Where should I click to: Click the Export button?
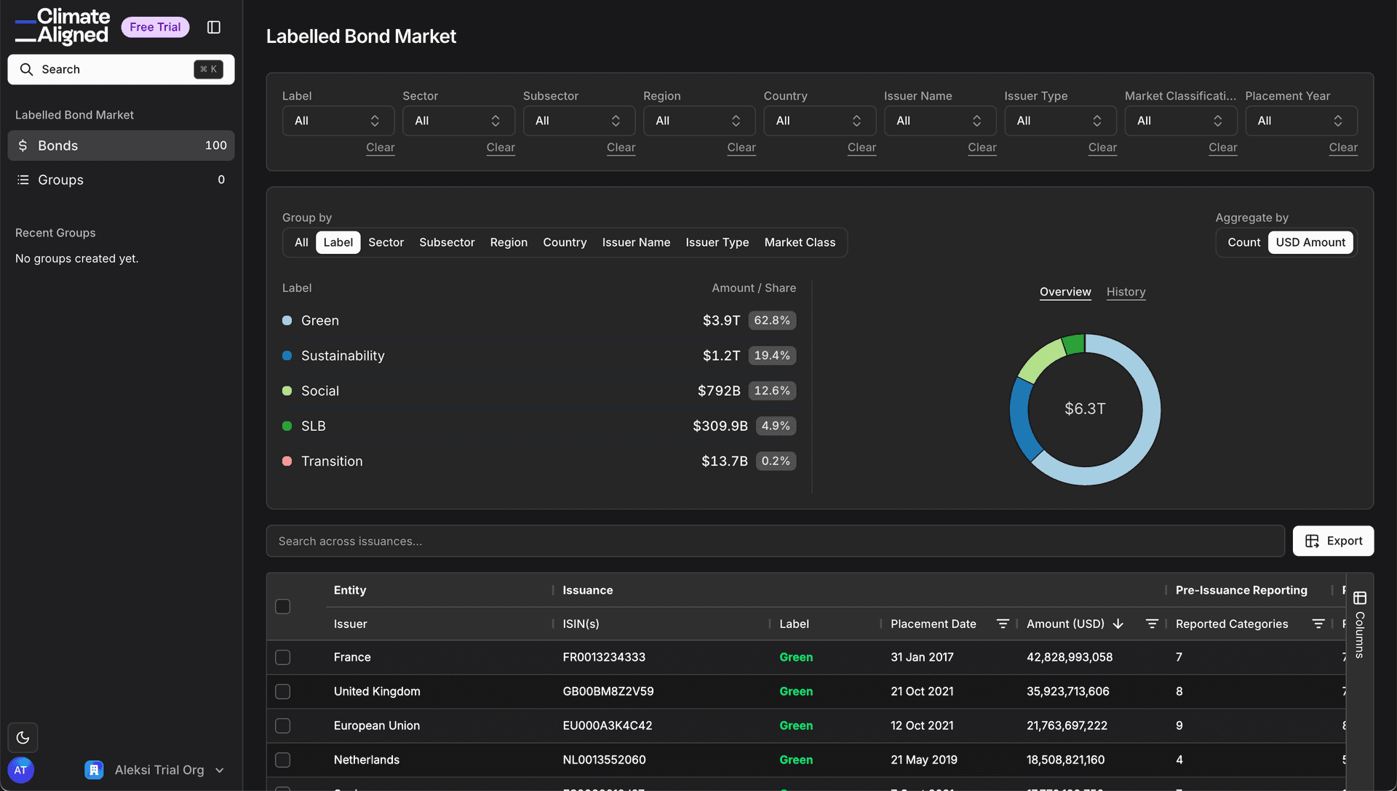(1333, 541)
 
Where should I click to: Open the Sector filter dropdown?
(458, 121)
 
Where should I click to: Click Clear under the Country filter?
(861, 147)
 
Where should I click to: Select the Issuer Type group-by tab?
(717, 242)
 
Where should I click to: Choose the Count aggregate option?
(1243, 242)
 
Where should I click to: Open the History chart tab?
(1126, 292)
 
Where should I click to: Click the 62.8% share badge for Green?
(771, 320)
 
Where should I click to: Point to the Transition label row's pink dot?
(287, 461)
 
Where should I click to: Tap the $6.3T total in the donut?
(1085, 409)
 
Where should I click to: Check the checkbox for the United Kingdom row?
(283, 691)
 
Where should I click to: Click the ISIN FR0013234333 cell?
(603, 657)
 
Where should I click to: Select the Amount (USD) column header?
(1065, 624)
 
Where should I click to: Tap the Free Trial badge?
(155, 27)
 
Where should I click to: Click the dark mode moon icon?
(23, 737)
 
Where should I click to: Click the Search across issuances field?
(775, 541)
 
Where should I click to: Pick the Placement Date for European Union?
(922, 726)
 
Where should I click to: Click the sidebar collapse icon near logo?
(214, 27)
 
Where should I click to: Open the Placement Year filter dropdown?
(1300, 121)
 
